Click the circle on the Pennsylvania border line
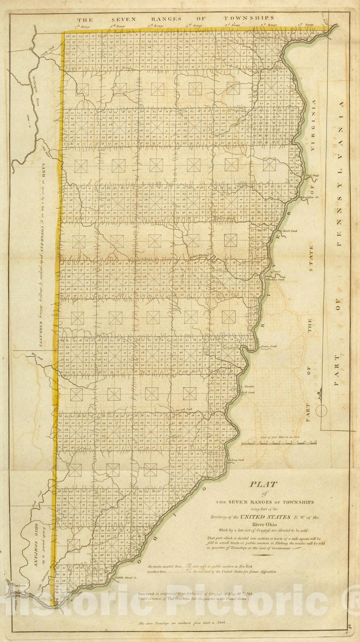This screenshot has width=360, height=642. tap(321, 410)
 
